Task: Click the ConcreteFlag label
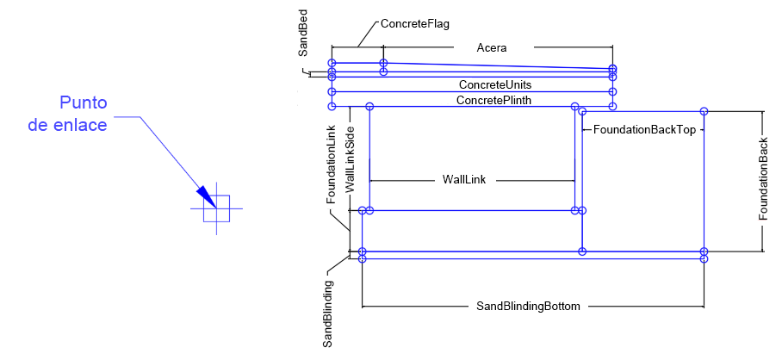415,25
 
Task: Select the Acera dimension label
492,48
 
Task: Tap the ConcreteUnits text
494,85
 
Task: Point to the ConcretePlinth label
493,100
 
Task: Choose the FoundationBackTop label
644,128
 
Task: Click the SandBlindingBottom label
529,306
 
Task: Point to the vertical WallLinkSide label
350,158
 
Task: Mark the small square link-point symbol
216,208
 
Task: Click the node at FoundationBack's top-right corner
704,111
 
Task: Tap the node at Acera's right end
612,68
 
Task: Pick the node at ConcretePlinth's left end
332,106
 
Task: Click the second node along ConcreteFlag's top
383,63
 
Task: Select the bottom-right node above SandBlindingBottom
704,258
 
